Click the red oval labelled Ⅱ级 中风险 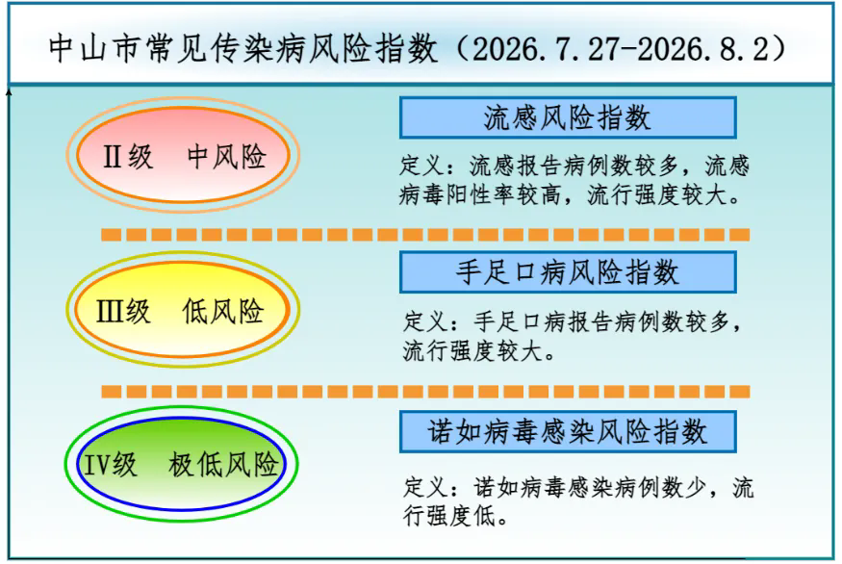(x=183, y=155)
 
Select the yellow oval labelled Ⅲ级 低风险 (x=183, y=309)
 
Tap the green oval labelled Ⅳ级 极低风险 (x=182, y=464)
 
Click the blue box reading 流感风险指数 (x=568, y=117)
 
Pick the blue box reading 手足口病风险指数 (x=568, y=271)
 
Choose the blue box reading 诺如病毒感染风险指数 (x=568, y=431)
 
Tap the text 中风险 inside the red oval (x=226, y=157)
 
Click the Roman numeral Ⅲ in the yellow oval (x=109, y=312)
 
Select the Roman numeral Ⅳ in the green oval (x=97, y=465)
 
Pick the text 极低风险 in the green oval (x=223, y=465)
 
